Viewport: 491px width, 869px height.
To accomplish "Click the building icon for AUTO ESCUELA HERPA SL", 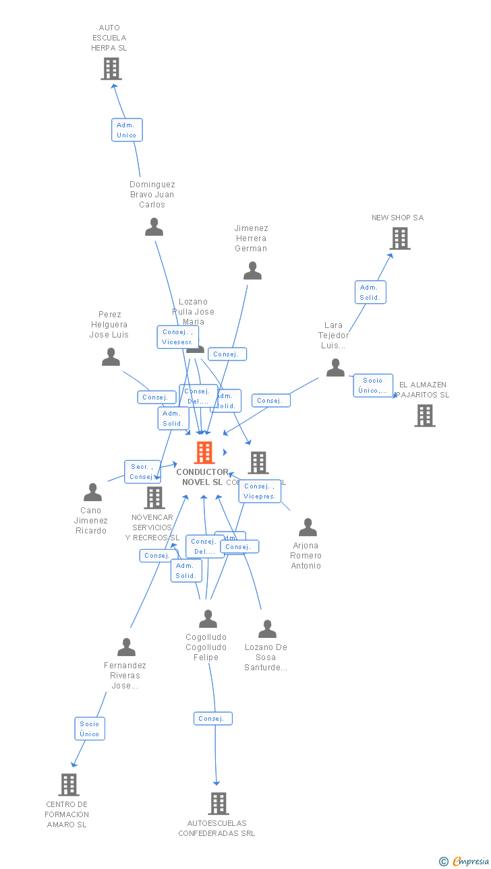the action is coord(111,69).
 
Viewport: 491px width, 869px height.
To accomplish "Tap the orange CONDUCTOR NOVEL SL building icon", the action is coord(204,453).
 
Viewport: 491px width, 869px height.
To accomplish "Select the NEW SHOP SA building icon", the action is coord(399,238).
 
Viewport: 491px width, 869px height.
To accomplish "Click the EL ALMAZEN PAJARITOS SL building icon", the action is coord(424,416).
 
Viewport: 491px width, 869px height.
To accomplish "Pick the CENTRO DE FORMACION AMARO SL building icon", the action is coord(69,785).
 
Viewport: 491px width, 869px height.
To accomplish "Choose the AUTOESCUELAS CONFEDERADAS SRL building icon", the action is coord(218,804).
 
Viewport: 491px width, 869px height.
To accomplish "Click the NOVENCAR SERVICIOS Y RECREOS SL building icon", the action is coord(154,498).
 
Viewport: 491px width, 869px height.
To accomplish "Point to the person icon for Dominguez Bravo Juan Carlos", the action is coord(154,227).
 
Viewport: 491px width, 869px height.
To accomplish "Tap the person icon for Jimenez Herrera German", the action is coord(252,271).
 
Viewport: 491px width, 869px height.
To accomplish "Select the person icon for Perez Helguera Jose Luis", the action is coord(111,357).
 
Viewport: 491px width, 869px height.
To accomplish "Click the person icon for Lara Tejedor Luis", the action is coord(335,368).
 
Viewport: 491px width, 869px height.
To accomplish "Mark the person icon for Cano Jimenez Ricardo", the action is coord(92,492).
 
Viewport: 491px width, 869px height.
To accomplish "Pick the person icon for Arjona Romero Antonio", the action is coord(308,527).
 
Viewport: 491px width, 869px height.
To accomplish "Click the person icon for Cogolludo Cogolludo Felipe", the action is coord(208,618).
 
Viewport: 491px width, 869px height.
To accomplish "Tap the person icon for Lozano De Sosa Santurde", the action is coord(267,629).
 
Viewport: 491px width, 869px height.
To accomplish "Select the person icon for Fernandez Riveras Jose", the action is coord(126,647).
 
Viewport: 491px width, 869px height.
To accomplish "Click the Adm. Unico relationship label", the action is coord(127,130).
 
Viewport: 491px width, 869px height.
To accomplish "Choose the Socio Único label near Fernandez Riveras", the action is coord(90,729).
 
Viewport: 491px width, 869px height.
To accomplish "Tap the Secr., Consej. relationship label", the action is coord(142,472).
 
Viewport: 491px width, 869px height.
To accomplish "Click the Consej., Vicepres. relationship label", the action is coord(260,491).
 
